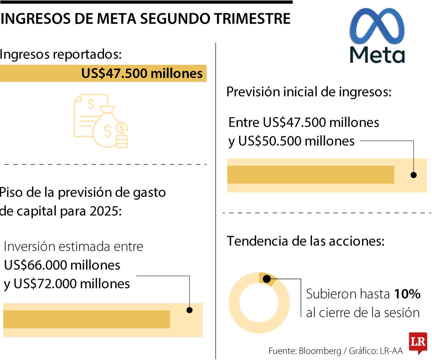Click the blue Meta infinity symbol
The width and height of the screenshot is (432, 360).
point(377,26)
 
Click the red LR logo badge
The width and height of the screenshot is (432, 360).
point(418,342)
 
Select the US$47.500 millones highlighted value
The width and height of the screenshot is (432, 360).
point(142,74)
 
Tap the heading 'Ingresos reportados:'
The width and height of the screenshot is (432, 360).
point(60,54)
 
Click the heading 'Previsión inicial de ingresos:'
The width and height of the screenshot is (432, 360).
point(308,92)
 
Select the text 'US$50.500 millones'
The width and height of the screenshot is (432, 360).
point(296,141)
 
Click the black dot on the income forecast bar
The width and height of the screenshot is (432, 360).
point(414,175)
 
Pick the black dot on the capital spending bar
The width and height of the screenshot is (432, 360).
point(190,310)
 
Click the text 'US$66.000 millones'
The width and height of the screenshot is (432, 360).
point(62,265)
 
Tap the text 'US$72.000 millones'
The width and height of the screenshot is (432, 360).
point(72,284)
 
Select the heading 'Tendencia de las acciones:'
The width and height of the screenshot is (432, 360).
point(306,241)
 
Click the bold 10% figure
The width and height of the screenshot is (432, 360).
point(407,294)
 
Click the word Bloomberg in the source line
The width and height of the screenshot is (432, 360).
point(319,351)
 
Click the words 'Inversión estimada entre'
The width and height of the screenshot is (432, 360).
point(73,246)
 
